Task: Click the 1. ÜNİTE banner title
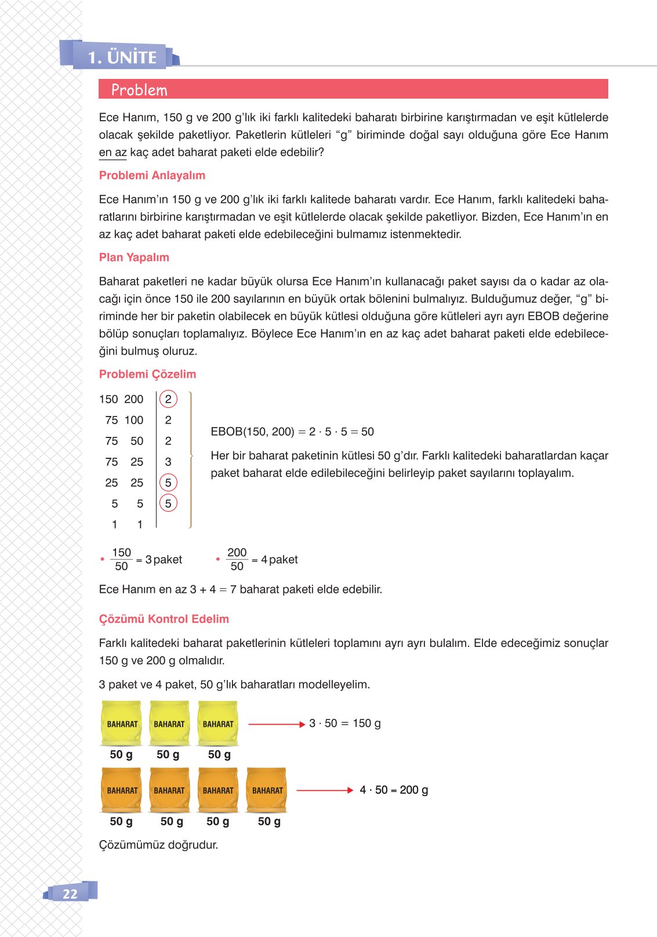[122, 57]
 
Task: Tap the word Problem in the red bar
[139, 90]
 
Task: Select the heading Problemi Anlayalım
[152, 175]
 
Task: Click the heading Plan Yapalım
[134, 257]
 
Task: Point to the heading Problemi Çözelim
[147, 374]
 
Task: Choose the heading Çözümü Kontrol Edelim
[164, 619]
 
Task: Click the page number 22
[70, 893]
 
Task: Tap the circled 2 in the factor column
[168, 399]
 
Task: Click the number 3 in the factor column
[168, 462]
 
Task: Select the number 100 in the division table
[133, 420]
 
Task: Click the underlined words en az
[112, 153]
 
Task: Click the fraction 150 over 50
[121, 559]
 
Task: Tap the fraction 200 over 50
[237, 559]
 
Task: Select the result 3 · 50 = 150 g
[344, 723]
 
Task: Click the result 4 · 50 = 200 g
[394, 790]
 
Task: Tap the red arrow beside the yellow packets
[276, 724]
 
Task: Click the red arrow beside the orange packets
[325, 790]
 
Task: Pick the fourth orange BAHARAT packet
[267, 790]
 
